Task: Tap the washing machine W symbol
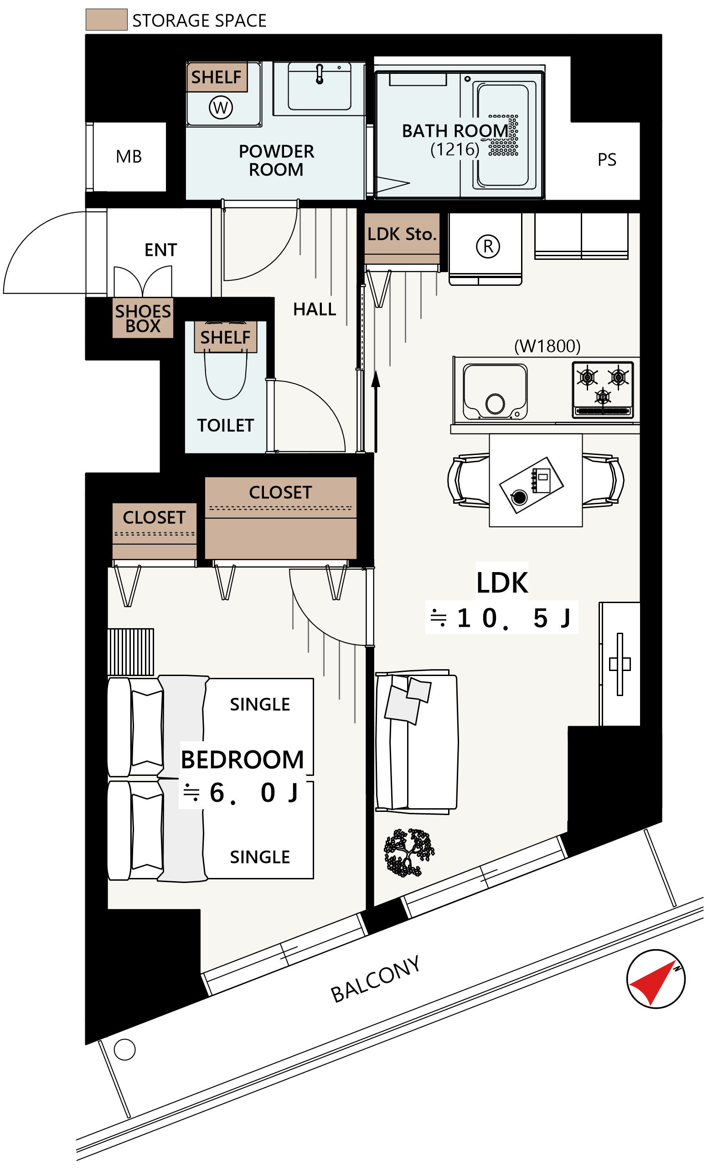tap(221, 108)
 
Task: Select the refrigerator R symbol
tap(488, 246)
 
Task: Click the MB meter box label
tap(129, 156)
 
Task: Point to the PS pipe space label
tap(607, 160)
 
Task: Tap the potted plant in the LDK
tap(409, 853)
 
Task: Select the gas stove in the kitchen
tap(603, 390)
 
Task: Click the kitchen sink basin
tap(495, 392)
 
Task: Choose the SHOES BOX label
tap(143, 318)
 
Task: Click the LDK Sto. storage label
tap(402, 234)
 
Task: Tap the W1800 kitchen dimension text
tap(547, 346)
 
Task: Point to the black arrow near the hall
tap(376, 411)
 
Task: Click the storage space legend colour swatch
tap(107, 20)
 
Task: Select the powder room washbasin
tap(319, 87)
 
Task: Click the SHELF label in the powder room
tap(216, 77)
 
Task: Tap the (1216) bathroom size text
tap(455, 150)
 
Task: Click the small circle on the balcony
tap(124, 1050)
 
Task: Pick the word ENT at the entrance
tap(161, 250)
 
